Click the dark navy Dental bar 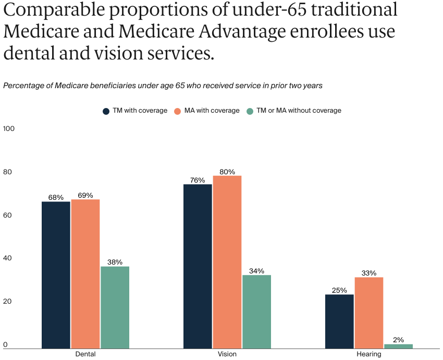56,275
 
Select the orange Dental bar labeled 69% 85,274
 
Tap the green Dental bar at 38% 115,307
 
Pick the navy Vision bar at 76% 198,266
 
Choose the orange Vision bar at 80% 227,262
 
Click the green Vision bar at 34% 256,311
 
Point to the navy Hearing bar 339,321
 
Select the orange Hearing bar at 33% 369,313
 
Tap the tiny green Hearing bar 398,346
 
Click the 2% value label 398,340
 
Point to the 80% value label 227,172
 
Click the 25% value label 339,290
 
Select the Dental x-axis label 85,354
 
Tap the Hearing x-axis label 369,354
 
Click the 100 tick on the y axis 9,129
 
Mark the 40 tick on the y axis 7,258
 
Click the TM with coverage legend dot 106,111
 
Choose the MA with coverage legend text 212,111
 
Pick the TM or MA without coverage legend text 299,111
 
